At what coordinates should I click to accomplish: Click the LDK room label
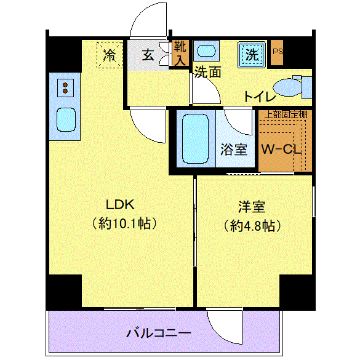[x=120, y=204]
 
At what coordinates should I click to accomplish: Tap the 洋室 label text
[x=252, y=207]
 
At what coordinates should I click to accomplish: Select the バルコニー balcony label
[x=159, y=333]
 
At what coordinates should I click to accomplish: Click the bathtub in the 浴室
[x=195, y=139]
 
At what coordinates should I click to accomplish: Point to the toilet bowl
[x=287, y=87]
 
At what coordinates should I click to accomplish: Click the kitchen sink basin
[x=66, y=119]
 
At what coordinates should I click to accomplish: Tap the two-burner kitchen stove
[x=65, y=88]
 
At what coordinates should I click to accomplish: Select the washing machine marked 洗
[x=252, y=55]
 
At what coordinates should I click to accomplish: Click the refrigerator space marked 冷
[x=110, y=55]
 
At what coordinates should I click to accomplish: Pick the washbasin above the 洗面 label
[x=206, y=50]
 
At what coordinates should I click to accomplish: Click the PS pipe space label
[x=278, y=52]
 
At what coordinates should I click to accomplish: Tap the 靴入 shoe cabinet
[x=180, y=53]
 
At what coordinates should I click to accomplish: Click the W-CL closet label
[x=281, y=150]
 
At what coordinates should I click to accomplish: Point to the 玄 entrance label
[x=148, y=55]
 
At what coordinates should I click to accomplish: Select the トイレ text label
[x=260, y=97]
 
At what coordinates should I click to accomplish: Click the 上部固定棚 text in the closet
[x=286, y=114]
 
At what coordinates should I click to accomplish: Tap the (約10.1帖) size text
[x=125, y=223]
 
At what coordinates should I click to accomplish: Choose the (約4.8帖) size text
[x=252, y=226]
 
